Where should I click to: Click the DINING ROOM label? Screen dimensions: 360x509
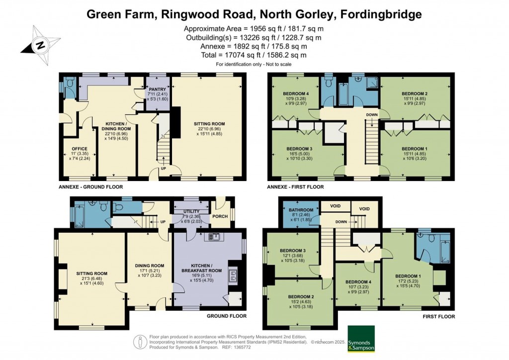pos(150,266)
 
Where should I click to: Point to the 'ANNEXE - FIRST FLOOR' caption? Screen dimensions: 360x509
pos(296,187)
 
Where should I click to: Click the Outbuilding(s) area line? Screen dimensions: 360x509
pos(254,37)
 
